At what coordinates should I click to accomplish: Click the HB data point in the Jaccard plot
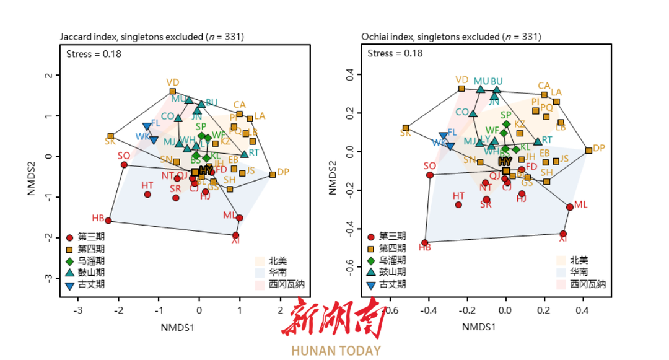pyautogui.click(x=108, y=221)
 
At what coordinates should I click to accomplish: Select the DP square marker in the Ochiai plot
pyautogui.click(x=588, y=150)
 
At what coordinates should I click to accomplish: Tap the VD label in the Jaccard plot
pyautogui.click(x=173, y=82)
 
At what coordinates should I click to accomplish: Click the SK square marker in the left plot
pyautogui.click(x=111, y=136)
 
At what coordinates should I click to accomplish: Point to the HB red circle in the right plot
pyautogui.click(x=425, y=243)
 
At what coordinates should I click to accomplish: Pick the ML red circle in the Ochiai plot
pyautogui.click(x=570, y=207)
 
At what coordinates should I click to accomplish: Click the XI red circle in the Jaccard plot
pyautogui.click(x=235, y=235)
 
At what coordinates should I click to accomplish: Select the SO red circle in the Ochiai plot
pyautogui.click(x=430, y=175)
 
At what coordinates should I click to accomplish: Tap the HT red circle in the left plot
pyautogui.click(x=147, y=195)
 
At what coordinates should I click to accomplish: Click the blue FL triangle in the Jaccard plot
pyautogui.click(x=147, y=126)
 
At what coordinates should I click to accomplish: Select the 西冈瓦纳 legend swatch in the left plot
pyautogui.click(x=261, y=284)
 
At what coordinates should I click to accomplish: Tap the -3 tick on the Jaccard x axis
pyautogui.click(x=78, y=309)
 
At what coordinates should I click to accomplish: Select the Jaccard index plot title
pyautogui.click(x=151, y=37)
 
